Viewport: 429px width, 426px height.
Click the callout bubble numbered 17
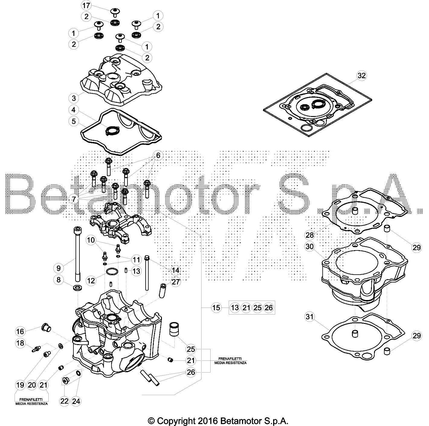[x=86, y=5]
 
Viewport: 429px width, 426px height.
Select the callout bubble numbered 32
[x=361, y=76]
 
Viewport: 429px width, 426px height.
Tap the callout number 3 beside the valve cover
[x=74, y=98]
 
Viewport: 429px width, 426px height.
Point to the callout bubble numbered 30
[x=310, y=247]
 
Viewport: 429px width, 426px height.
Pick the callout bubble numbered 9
[x=59, y=268]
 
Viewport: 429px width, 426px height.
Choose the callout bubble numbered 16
[x=20, y=331]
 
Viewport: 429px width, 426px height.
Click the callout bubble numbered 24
[x=76, y=401]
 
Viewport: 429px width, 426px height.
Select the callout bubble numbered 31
[x=310, y=317]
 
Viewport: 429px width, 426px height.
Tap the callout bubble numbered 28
[x=310, y=235]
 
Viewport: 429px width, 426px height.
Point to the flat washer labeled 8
[x=77, y=288]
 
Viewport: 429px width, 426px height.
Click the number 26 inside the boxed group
[x=269, y=308]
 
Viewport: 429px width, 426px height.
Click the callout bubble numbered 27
[x=176, y=282]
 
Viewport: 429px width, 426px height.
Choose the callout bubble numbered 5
[x=74, y=121]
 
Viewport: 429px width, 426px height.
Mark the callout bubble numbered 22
[x=64, y=401]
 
